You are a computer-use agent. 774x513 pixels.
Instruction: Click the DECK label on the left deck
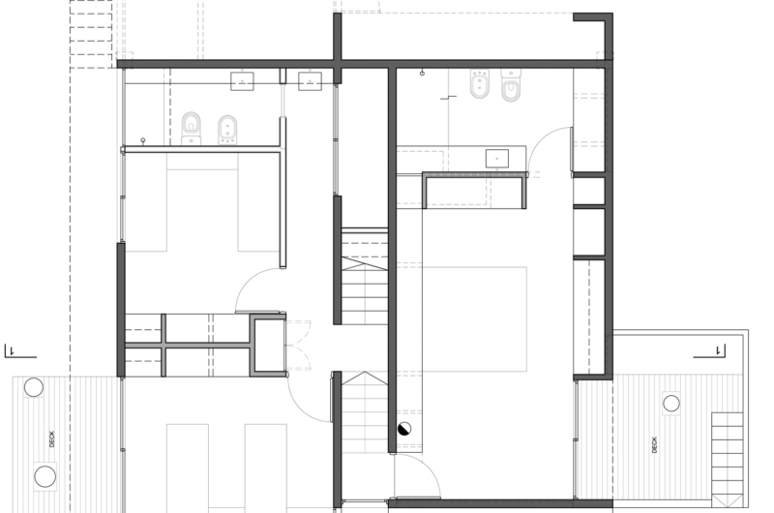[x=53, y=438]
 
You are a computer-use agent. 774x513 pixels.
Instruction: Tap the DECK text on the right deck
[x=655, y=444]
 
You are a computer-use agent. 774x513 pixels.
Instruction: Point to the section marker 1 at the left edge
[x=11, y=351]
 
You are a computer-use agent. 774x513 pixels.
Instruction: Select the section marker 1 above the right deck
[x=717, y=349]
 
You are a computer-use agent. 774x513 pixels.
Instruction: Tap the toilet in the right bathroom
[x=511, y=87]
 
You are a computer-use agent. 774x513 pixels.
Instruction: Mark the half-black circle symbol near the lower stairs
[x=404, y=430]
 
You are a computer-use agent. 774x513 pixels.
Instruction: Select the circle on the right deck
[x=670, y=402]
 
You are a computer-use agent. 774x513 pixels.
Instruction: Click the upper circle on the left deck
[x=34, y=388]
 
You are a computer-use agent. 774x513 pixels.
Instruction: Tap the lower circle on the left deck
[x=45, y=475]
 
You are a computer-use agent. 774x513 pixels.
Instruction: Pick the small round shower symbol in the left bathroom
[x=143, y=140]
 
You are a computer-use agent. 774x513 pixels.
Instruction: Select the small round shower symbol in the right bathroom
[x=423, y=73]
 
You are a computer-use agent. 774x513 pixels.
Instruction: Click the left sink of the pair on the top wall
[x=242, y=80]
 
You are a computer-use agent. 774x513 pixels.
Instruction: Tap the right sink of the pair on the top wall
[x=311, y=80]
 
